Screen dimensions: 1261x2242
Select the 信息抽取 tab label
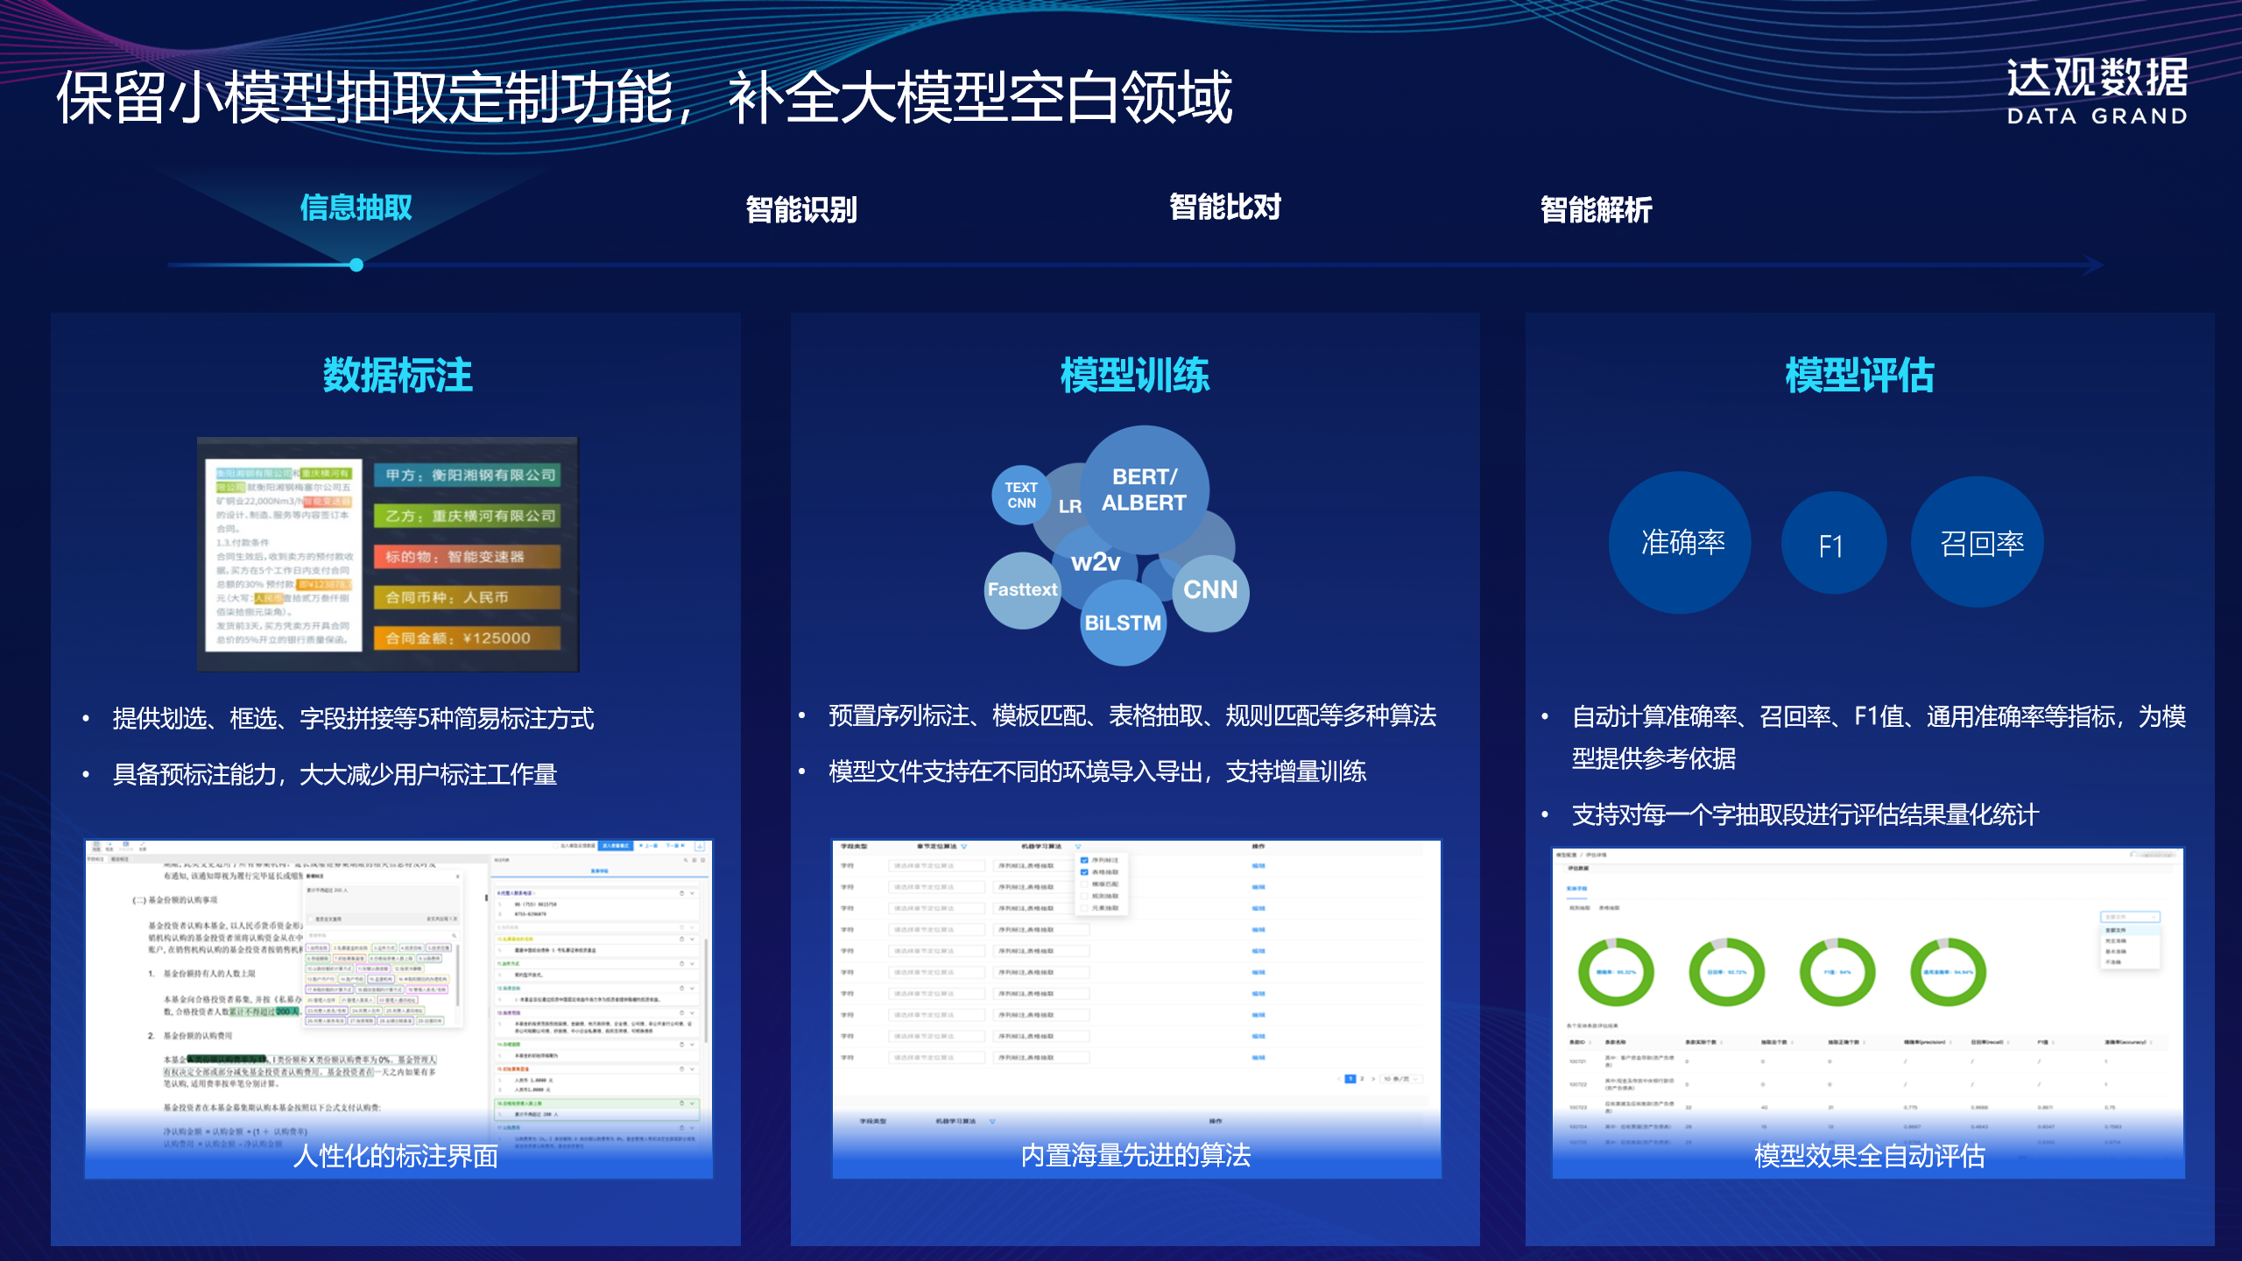pyautogui.click(x=356, y=208)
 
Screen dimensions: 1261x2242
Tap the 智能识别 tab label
pyautogui.click(x=800, y=209)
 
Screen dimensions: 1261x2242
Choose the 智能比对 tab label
pyautogui.click(x=1224, y=208)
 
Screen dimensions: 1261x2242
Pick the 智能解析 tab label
pyautogui.click(x=1596, y=209)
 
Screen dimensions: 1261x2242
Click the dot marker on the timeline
pyautogui.click(x=356, y=264)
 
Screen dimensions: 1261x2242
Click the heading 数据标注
pyautogui.click(x=398, y=375)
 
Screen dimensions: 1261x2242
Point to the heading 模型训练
pyautogui.click(x=1135, y=375)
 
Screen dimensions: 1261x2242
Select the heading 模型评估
pyautogui.click(x=1859, y=375)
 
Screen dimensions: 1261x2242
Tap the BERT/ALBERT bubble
pyautogui.click(x=1144, y=489)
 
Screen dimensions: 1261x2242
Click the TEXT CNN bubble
pyautogui.click(x=1020, y=495)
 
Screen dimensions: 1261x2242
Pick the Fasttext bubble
pyautogui.click(x=1022, y=589)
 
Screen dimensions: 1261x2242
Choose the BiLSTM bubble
pyautogui.click(x=1123, y=623)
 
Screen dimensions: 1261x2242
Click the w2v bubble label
pyautogui.click(x=1096, y=562)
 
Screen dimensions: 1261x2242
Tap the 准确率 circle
pyautogui.click(x=1681, y=543)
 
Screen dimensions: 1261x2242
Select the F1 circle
pyautogui.click(x=1831, y=546)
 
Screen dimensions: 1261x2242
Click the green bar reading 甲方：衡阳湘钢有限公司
pyautogui.click(x=467, y=475)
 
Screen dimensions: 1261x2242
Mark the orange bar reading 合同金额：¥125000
pyautogui.click(x=467, y=638)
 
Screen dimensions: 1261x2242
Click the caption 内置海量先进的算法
pyautogui.click(x=1135, y=1155)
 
